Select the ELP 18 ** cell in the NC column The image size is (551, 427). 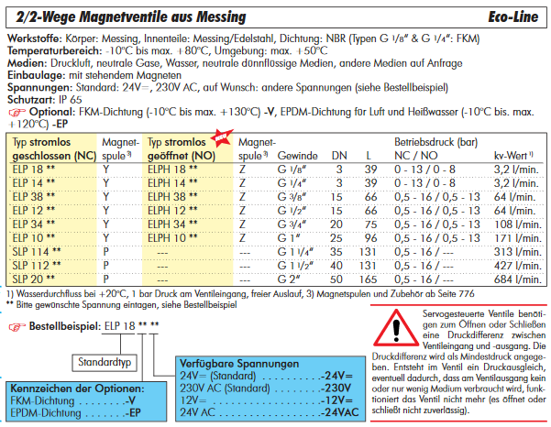click(x=36, y=169)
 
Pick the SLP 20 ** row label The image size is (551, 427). click(x=36, y=278)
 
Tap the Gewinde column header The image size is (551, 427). click(x=299, y=157)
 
